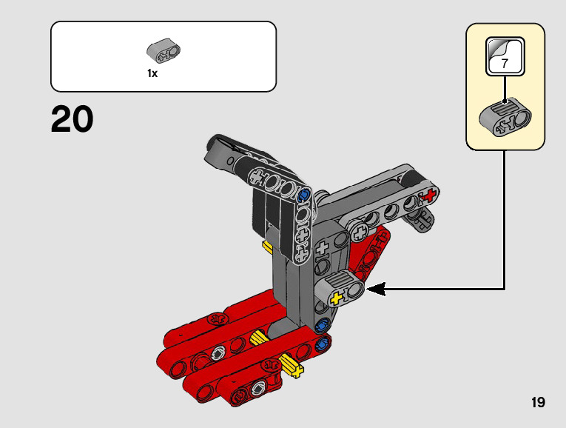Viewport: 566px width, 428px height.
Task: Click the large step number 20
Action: tap(73, 118)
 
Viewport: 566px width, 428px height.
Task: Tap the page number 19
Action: tap(538, 402)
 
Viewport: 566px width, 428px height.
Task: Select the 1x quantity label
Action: tap(152, 73)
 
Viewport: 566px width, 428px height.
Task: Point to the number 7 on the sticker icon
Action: tap(505, 64)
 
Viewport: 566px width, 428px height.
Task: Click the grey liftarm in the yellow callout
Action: tap(505, 118)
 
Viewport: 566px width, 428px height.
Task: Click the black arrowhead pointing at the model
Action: tap(376, 289)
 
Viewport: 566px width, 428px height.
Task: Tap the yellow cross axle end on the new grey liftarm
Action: tap(337, 298)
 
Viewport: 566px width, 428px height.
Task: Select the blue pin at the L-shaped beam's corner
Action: tap(304, 195)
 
